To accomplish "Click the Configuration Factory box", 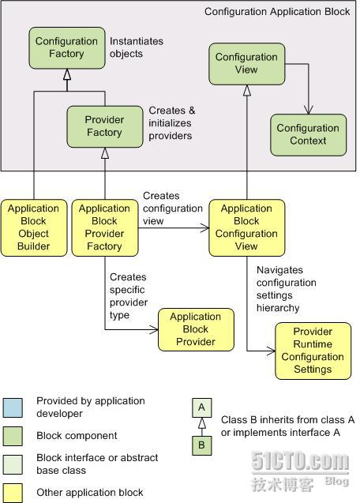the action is pos(67,48).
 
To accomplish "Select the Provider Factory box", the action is pos(104,126).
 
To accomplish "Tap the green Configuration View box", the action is pos(247,64).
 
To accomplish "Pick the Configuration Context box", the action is pos(309,135).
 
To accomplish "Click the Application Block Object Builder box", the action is pos(34,227).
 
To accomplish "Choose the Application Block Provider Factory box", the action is pos(105,227).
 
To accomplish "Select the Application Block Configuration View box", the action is pos(247,227).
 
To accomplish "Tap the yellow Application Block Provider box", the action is pos(196,329).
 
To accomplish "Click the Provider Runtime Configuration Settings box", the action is pos(313,351).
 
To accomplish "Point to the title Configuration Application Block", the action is pos(277,12).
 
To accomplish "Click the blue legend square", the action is pos(13,407).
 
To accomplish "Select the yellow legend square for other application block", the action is pos(13,493).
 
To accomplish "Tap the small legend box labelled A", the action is pos(202,407).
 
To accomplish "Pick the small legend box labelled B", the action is pos(202,445).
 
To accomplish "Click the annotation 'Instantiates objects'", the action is pos(137,47).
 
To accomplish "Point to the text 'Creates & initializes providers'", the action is pos(172,123).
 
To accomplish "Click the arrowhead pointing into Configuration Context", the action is pos(309,110).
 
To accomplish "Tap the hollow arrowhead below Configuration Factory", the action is pos(67,74).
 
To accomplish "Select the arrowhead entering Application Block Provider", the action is pos(154,329).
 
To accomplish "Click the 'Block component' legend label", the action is pos(77,436).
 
